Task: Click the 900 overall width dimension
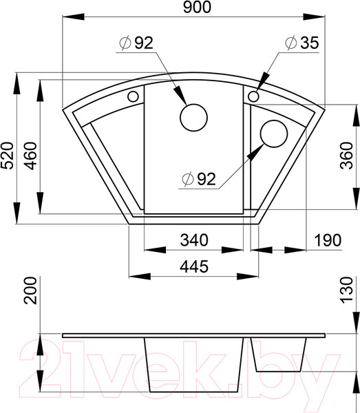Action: coord(197,7)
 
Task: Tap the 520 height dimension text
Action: coord(7,156)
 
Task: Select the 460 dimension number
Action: coord(30,156)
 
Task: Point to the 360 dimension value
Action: coord(346,156)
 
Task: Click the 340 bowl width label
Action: coord(194,240)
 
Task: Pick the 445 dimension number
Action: coord(194,266)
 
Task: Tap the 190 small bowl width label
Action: coord(328,240)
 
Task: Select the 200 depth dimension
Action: coord(30,290)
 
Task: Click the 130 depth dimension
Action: coord(346,290)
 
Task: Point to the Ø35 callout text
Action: coord(301,43)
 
